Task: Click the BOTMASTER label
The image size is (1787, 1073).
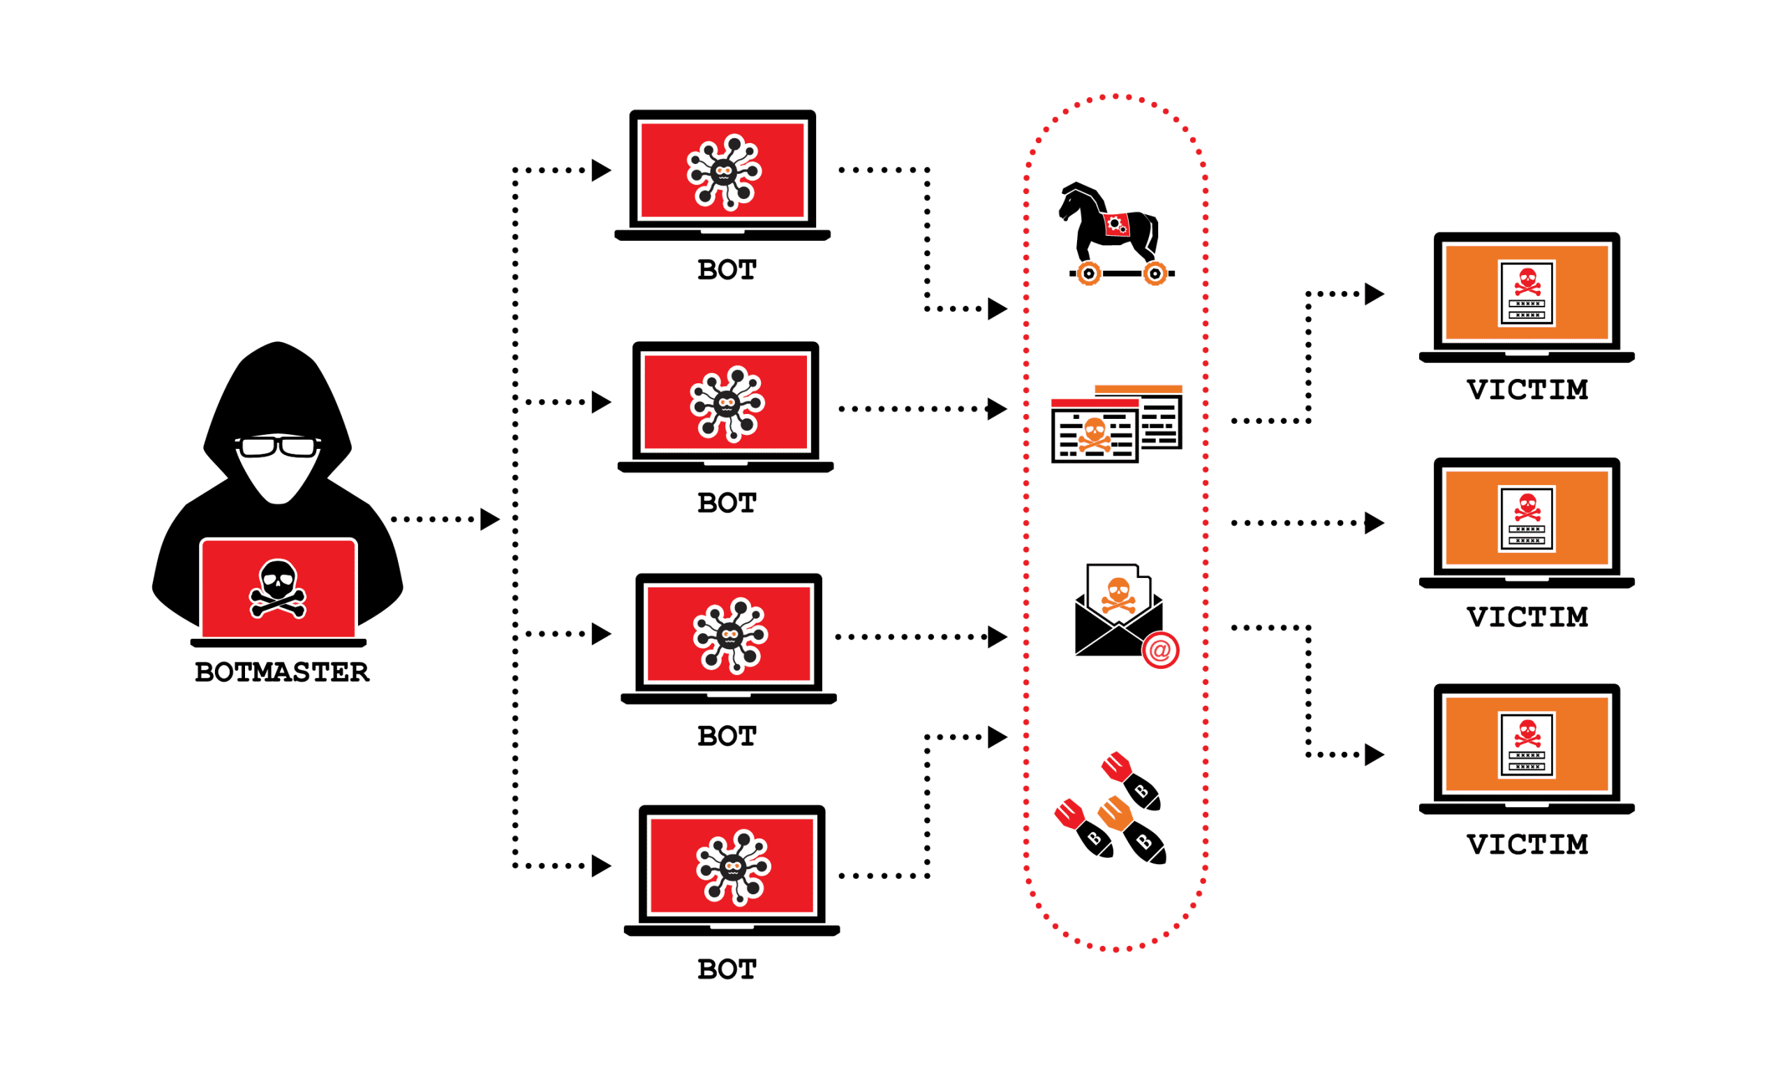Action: (x=281, y=672)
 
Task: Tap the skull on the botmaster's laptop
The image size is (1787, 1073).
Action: (x=278, y=588)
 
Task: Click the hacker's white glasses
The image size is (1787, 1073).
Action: (x=278, y=447)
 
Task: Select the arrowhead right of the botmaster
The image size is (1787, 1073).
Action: (x=489, y=519)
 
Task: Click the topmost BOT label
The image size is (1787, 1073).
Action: (x=727, y=270)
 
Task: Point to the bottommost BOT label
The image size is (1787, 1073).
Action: (x=727, y=970)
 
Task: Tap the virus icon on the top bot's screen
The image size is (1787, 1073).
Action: (x=724, y=171)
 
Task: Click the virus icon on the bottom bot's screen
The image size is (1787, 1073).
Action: (x=733, y=867)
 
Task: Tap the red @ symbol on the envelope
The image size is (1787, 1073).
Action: (x=1160, y=651)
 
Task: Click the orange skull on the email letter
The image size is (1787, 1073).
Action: (x=1118, y=594)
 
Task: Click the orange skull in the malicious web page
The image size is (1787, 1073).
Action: (x=1095, y=434)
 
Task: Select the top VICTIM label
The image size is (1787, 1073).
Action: (x=1527, y=390)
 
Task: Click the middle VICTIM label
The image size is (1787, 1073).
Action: (x=1527, y=617)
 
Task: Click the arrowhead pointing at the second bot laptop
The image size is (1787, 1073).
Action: (x=601, y=402)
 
